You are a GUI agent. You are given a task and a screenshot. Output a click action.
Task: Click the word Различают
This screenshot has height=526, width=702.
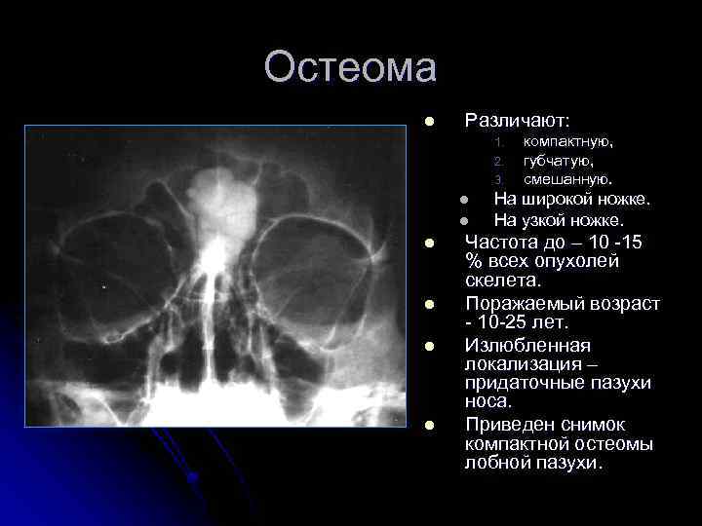(x=517, y=121)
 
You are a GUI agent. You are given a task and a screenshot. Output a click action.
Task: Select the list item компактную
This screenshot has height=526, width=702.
(x=568, y=141)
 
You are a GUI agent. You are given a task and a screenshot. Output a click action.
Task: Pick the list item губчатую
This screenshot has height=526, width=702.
(x=558, y=161)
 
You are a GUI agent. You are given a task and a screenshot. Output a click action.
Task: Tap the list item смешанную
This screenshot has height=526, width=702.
(x=568, y=179)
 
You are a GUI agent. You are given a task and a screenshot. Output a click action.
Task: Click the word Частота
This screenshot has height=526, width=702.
(x=505, y=242)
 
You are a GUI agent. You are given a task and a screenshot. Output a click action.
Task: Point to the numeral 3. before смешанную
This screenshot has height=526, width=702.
(x=496, y=180)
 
